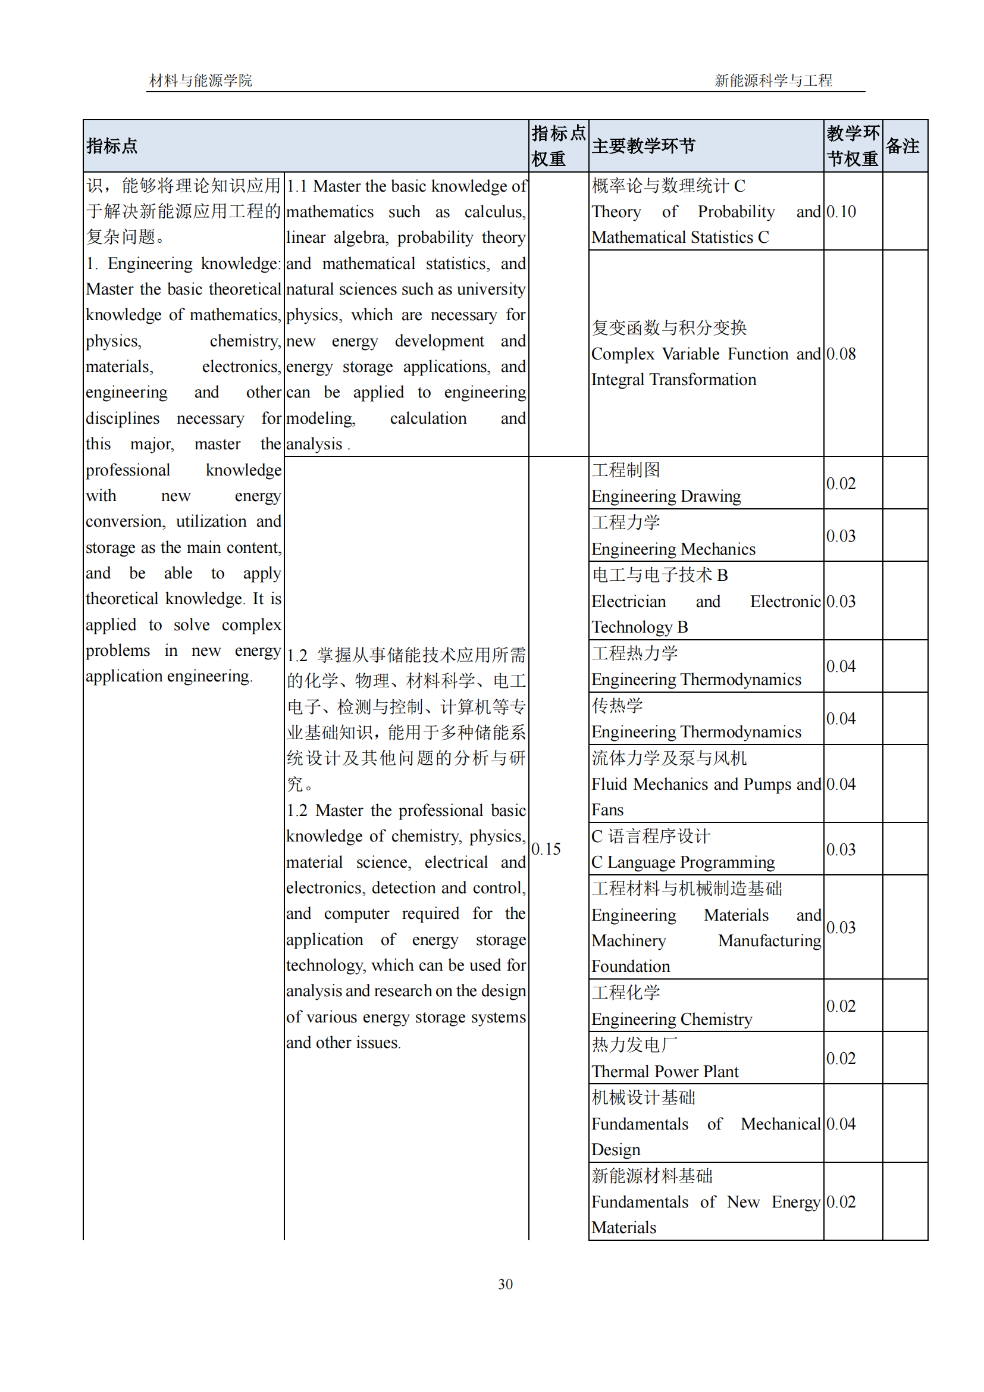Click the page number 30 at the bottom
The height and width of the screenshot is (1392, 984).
pyautogui.click(x=504, y=1284)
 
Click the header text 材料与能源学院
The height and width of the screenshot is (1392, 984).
pyautogui.click(x=200, y=80)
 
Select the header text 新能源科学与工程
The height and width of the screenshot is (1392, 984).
pyautogui.click(x=773, y=80)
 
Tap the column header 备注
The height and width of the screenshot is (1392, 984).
pyautogui.click(x=902, y=146)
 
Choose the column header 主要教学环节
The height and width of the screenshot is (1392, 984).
pyautogui.click(x=644, y=146)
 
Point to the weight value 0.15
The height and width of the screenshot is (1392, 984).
pyautogui.click(x=546, y=849)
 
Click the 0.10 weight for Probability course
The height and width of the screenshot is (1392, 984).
pyautogui.click(x=841, y=212)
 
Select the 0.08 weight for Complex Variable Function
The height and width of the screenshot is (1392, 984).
pyautogui.click(x=841, y=354)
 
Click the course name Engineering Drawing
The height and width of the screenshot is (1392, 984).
pyautogui.click(x=666, y=496)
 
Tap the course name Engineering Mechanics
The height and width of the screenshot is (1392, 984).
pyautogui.click(x=673, y=549)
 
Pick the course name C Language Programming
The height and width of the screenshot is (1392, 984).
pyautogui.click(x=683, y=862)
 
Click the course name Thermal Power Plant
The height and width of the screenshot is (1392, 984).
pyautogui.click(x=665, y=1072)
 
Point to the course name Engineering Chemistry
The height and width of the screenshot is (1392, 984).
pyautogui.click(x=671, y=1020)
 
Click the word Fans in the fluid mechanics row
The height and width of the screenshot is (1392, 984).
pyautogui.click(x=607, y=810)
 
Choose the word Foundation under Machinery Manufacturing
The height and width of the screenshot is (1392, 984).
pyautogui.click(x=631, y=966)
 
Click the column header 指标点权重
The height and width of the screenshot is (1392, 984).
pyautogui.click(x=558, y=146)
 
